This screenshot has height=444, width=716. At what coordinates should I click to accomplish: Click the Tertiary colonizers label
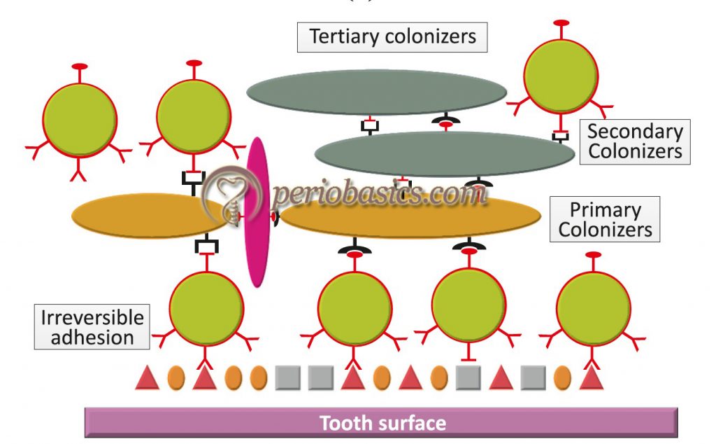point(392,37)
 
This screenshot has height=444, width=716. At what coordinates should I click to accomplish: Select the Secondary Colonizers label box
point(634,141)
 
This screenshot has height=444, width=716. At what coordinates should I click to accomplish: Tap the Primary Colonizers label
point(605,219)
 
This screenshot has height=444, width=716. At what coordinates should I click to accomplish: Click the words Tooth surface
point(382,423)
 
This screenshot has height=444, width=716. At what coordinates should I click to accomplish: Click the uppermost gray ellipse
point(376,92)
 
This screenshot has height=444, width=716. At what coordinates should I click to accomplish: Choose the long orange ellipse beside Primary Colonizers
point(410,218)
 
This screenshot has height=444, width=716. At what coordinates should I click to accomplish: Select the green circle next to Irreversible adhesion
point(206,309)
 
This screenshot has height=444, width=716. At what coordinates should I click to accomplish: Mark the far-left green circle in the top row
point(80,118)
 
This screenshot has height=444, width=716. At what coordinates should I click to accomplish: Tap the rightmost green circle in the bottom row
point(593,307)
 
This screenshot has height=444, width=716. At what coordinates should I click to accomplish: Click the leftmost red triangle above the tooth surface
point(147,378)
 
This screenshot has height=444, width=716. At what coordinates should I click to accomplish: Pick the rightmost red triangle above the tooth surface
point(592,378)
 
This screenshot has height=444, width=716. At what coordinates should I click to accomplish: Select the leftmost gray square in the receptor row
point(288,378)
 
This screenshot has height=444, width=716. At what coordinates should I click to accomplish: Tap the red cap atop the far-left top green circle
point(80,67)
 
